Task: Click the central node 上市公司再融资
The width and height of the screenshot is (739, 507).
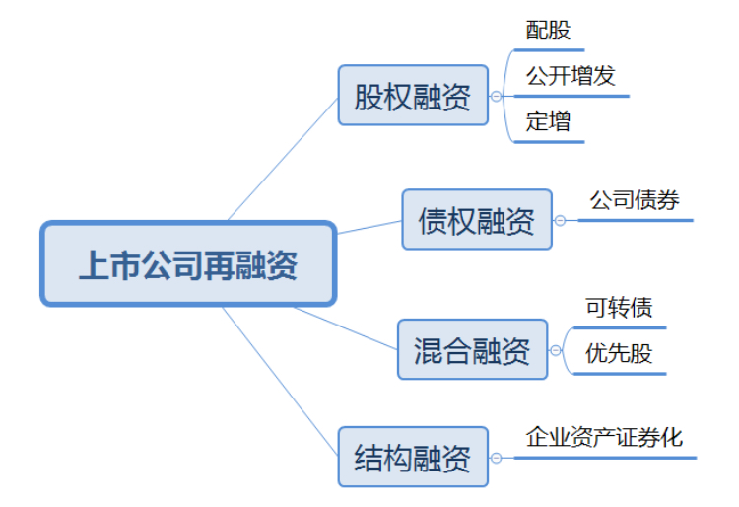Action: [x=187, y=264]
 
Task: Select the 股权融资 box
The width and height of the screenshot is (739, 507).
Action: [x=413, y=96]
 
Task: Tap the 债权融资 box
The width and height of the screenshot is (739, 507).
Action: [x=477, y=220]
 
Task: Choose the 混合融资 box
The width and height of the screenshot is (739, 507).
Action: [x=472, y=349]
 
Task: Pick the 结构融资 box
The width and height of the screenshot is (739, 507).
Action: [x=413, y=457]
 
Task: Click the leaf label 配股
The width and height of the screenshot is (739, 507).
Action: [x=548, y=31]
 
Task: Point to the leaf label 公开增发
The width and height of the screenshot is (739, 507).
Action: [x=571, y=77]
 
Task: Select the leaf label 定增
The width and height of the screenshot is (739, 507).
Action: [x=548, y=122]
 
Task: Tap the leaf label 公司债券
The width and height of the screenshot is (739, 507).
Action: [x=635, y=200]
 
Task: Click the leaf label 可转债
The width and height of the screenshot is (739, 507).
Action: [x=619, y=308]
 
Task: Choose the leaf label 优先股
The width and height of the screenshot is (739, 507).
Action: [x=619, y=353]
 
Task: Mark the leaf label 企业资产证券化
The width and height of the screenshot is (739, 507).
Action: [x=604, y=437]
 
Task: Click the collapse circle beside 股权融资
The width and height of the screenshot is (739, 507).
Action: [x=496, y=97]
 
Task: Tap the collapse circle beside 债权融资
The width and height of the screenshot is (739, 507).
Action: [x=560, y=220]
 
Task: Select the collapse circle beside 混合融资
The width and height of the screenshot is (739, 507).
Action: [x=555, y=349]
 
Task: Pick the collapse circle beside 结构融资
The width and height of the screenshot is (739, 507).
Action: [x=496, y=458]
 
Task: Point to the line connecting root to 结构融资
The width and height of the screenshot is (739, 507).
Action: [x=280, y=382]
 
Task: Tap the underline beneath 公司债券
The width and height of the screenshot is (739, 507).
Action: [x=635, y=220]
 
